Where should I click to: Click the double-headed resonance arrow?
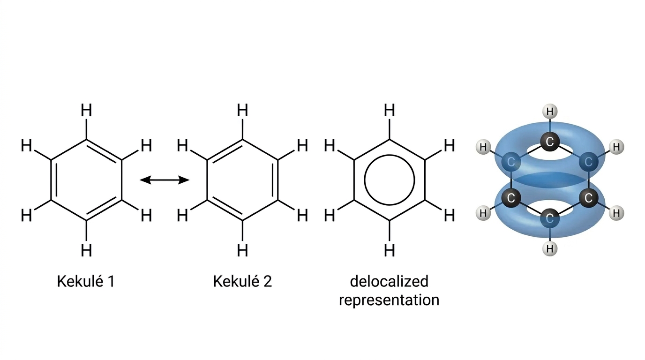pyautogui.click(x=165, y=180)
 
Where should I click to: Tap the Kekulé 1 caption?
pyautogui.click(x=86, y=281)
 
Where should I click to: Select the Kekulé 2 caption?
pyautogui.click(x=242, y=281)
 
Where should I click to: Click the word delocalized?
pyautogui.click(x=389, y=281)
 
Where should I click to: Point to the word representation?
pyautogui.click(x=389, y=300)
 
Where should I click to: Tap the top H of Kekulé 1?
pyautogui.click(x=86, y=110)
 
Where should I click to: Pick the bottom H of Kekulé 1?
pyautogui.click(x=86, y=250)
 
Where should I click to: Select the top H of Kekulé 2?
pyautogui.click(x=242, y=110)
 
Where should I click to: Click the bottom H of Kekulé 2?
pyautogui.click(x=242, y=250)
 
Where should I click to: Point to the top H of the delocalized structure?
pyautogui.click(x=390, y=110)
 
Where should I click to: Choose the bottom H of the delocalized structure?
pyautogui.click(x=390, y=250)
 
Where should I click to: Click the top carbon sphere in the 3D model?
pyautogui.click(x=550, y=142)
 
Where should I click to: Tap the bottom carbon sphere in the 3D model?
pyautogui.click(x=550, y=218)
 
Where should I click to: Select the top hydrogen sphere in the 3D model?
pyautogui.click(x=550, y=112)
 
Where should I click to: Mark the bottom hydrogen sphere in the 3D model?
pyautogui.click(x=550, y=248)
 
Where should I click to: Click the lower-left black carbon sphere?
pyautogui.click(x=511, y=198)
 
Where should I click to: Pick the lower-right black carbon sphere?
pyautogui.click(x=589, y=198)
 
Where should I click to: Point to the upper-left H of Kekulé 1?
pyautogui.click(x=27, y=145)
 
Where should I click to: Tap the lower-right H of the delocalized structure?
pyautogui.click(x=450, y=216)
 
